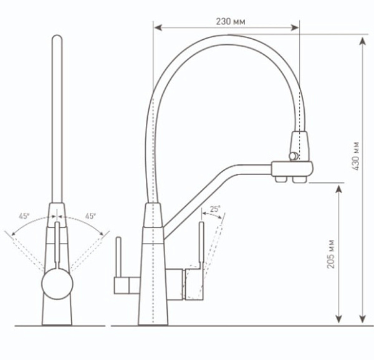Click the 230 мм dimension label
230,21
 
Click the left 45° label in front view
24,216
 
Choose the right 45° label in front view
91,216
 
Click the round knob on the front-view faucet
57,287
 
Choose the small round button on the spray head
290,154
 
